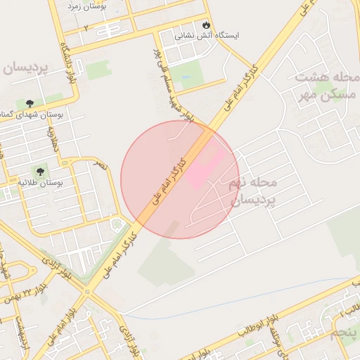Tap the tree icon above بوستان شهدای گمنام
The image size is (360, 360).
pos(29,103)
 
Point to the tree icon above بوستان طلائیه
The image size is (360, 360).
pos(40,171)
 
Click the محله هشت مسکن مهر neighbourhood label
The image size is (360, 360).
pos(328,85)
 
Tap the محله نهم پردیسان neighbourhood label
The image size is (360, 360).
pos(253,191)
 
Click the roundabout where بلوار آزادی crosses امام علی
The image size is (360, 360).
pos(86,290)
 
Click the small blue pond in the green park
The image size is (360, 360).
pos(185,78)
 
